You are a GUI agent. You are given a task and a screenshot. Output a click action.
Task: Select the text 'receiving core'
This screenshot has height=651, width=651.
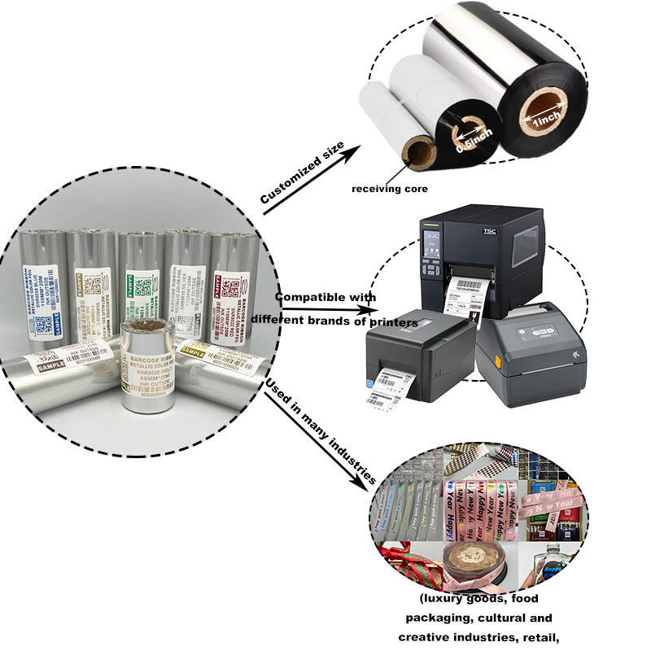(x=389, y=188)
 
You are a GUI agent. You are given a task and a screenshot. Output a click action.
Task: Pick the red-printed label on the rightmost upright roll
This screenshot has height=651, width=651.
(x=228, y=299)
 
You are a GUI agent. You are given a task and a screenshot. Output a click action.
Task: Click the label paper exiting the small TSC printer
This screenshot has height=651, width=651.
(x=384, y=387)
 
